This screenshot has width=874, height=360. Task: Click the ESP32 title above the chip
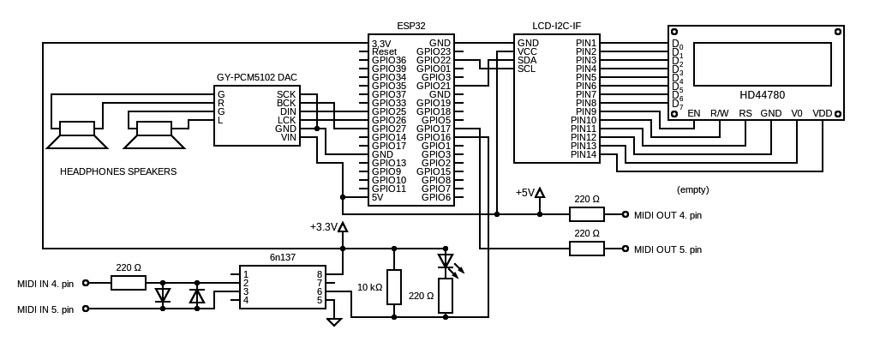(410, 26)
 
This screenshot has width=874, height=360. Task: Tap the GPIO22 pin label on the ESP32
(434, 60)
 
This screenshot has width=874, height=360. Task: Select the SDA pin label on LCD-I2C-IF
(527, 60)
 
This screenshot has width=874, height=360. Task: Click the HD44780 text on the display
(762, 95)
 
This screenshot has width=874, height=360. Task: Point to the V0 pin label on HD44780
(797, 113)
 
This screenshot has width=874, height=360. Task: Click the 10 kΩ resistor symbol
(394, 287)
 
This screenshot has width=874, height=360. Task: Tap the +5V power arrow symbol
(540, 193)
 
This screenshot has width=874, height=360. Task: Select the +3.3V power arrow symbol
(343, 226)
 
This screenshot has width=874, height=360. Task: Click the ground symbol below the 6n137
(334, 321)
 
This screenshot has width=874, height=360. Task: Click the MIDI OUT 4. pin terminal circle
(626, 214)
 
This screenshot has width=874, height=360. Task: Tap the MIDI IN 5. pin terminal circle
(86, 309)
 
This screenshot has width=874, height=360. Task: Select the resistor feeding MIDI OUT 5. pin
(586, 249)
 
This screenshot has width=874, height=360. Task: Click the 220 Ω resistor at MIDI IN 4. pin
(129, 283)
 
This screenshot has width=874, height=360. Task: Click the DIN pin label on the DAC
(287, 111)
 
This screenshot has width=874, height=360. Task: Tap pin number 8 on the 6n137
(320, 274)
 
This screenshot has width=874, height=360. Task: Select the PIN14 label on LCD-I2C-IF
(584, 154)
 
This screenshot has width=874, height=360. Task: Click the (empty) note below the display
(693, 189)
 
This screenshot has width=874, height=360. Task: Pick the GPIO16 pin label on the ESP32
(434, 137)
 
